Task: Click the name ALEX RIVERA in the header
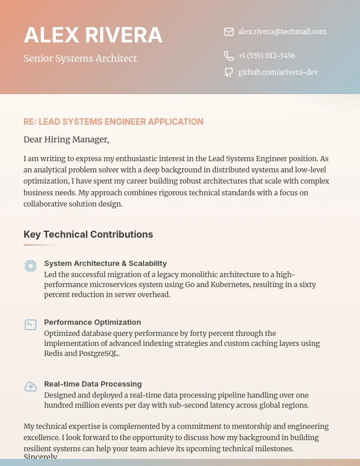(x=93, y=35)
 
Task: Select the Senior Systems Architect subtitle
(x=80, y=58)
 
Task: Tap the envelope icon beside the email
(x=229, y=32)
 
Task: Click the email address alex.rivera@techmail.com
(x=282, y=32)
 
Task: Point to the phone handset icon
(x=229, y=56)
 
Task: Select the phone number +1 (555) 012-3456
(x=266, y=56)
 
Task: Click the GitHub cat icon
(x=229, y=72)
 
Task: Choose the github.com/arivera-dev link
(x=278, y=72)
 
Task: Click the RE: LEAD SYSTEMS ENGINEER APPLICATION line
(x=114, y=122)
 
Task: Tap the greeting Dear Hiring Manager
(x=66, y=139)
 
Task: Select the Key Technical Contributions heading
(x=88, y=234)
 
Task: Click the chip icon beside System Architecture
(x=31, y=266)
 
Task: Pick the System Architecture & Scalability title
(x=105, y=263)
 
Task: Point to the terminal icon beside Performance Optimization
(x=31, y=325)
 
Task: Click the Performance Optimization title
(x=92, y=322)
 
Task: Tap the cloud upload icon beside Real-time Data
(x=31, y=387)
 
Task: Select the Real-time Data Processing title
(x=93, y=384)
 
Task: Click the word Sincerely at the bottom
(x=40, y=457)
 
